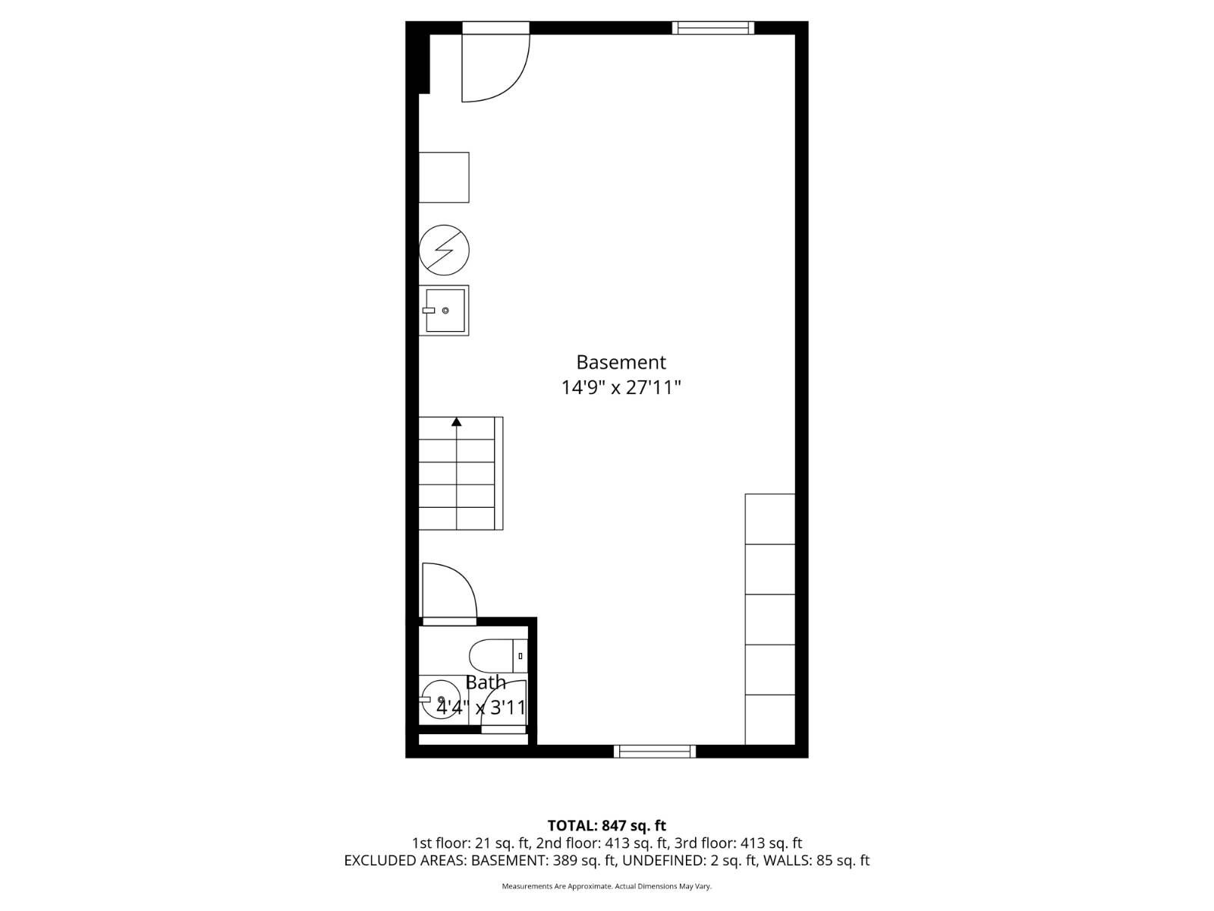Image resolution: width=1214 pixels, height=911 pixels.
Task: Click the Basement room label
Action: point(621,362)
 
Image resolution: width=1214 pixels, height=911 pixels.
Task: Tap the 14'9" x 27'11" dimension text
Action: point(621,387)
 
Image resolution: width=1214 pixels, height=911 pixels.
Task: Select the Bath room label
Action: point(486,682)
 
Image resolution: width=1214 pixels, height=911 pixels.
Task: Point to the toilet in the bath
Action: point(498,656)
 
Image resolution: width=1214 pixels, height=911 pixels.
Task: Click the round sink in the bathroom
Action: point(440,699)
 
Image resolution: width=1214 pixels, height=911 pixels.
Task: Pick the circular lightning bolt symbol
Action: point(444,250)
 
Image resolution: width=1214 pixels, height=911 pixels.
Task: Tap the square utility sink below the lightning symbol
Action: point(444,310)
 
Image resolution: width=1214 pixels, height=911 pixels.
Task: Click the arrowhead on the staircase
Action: point(456,421)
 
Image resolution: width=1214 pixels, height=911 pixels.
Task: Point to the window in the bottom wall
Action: point(655,751)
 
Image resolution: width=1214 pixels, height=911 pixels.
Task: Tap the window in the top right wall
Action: point(713,27)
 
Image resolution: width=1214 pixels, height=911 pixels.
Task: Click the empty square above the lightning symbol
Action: point(444,178)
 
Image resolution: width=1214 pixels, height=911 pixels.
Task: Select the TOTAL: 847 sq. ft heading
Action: point(607,826)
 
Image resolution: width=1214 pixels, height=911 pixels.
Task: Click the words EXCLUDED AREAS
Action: point(405,861)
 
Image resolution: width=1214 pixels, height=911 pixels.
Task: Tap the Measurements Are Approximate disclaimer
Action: point(607,886)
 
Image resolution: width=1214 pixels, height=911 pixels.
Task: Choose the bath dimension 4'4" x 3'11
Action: point(480,708)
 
